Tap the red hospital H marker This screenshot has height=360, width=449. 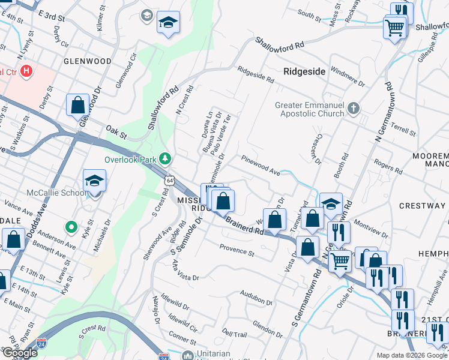(x=26, y=72)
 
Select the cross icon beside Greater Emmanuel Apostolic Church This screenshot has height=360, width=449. (x=354, y=109)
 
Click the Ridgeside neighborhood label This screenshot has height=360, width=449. (x=304, y=71)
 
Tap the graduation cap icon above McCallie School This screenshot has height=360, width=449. (x=95, y=180)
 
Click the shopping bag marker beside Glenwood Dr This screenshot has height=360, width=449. (x=78, y=106)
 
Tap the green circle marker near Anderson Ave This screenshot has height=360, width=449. (x=71, y=227)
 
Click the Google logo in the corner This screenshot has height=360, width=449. (x=20, y=352)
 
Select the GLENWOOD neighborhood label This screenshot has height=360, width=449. (x=88, y=61)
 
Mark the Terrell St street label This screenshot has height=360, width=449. (x=403, y=131)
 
